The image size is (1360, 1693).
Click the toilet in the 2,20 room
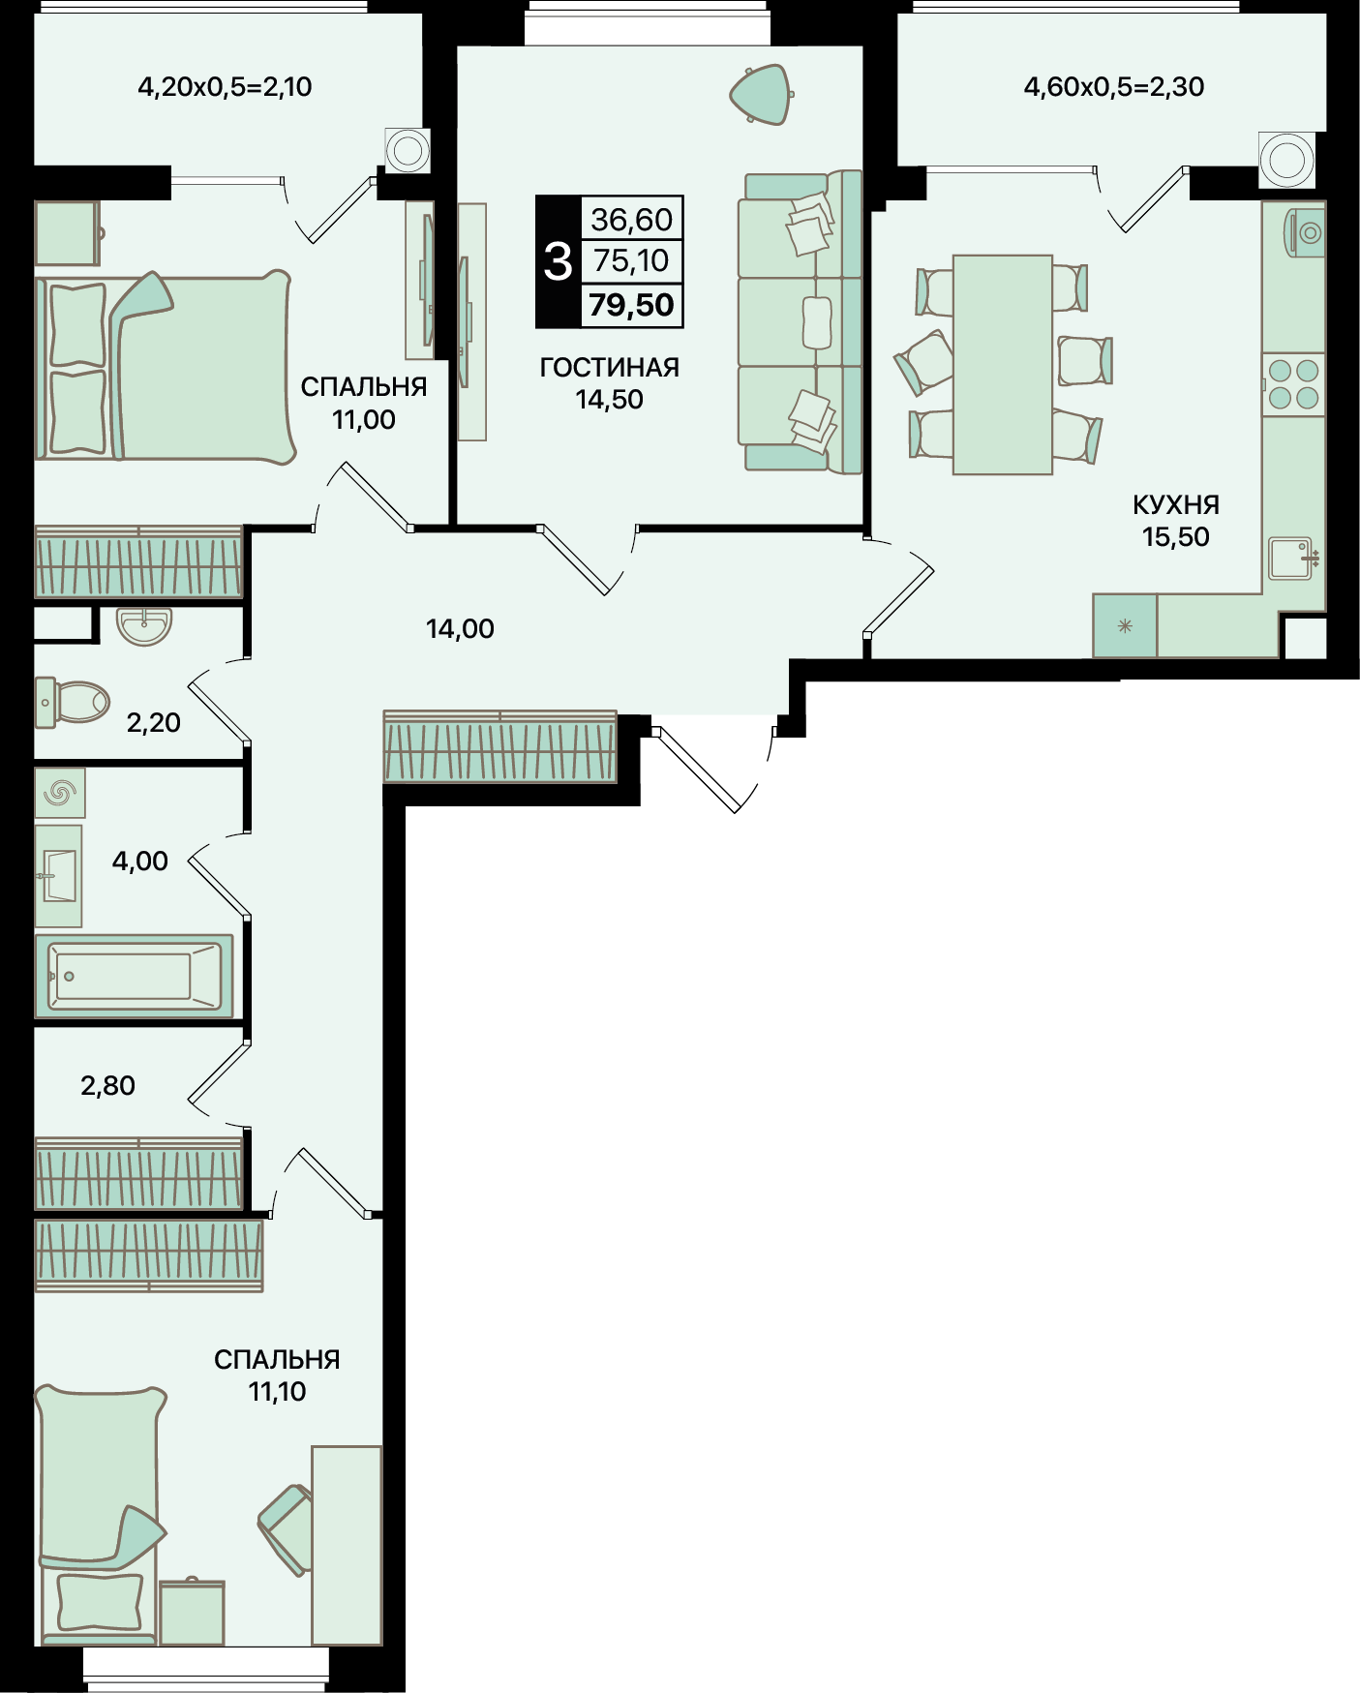pyautogui.click(x=73, y=702)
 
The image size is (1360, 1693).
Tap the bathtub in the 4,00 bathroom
pyautogui.click(x=135, y=976)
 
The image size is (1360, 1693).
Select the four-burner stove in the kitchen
pyautogui.click(x=1293, y=384)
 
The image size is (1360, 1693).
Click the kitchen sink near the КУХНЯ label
pyautogui.click(x=1294, y=559)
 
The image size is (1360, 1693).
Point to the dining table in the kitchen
pyautogui.click(x=1002, y=365)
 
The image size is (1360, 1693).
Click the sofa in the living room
pyautogui.click(x=800, y=322)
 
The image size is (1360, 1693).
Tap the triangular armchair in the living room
pyautogui.click(x=762, y=95)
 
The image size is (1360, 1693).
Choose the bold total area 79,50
pyautogui.click(x=631, y=305)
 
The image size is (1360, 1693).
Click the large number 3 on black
pyautogui.click(x=559, y=261)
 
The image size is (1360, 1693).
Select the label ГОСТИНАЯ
pyautogui.click(x=610, y=368)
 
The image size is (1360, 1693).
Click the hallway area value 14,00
pyautogui.click(x=460, y=629)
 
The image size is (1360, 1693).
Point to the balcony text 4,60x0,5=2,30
pyautogui.click(x=1114, y=87)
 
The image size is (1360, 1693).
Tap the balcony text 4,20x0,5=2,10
pyautogui.click(x=225, y=87)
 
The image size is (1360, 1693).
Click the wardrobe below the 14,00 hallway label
pyautogui.click(x=500, y=746)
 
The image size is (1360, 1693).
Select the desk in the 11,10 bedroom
pyautogui.click(x=347, y=1545)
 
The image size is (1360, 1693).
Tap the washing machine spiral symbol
pyautogui.click(x=60, y=794)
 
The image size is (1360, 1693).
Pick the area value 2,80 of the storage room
pyautogui.click(x=107, y=1086)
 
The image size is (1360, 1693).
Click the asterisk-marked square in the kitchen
pyautogui.click(x=1125, y=626)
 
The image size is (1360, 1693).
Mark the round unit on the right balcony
pyautogui.click(x=1287, y=159)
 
